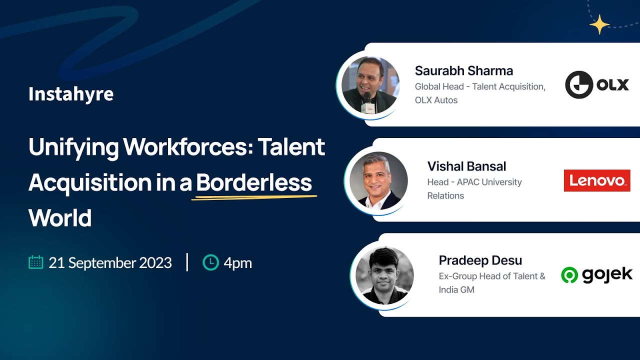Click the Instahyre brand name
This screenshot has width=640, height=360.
pos(71,94)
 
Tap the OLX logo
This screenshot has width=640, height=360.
pos(597,84)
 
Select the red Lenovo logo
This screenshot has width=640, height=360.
pos(597,180)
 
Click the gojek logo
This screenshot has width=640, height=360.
pos(597,274)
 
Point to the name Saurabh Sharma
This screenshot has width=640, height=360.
pos(463,71)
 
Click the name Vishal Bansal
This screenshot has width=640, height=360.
pos(466,166)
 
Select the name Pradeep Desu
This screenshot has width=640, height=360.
pos(480,260)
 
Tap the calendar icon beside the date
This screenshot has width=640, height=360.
pos(36,262)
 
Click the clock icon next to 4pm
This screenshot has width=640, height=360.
pos(210,262)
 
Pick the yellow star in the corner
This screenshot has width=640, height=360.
pos(599,24)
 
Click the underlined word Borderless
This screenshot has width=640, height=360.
pos(254,183)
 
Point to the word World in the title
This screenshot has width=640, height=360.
pos(60,218)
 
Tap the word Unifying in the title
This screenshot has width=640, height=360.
pos(73,147)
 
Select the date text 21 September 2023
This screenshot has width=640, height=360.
pos(110,263)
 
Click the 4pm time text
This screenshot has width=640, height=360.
pos(237,263)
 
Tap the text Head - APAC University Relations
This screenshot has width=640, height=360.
pos(474,188)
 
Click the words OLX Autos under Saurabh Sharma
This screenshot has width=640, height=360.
pos(436,100)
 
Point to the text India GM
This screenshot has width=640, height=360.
pos(456,289)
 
